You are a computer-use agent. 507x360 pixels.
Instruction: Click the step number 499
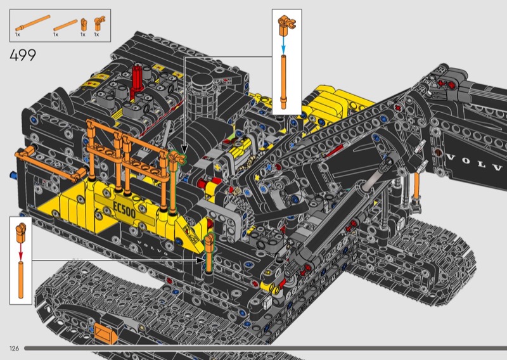point(23,55)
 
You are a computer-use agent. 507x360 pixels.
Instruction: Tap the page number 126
point(14,349)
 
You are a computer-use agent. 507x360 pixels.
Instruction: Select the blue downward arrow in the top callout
point(283,45)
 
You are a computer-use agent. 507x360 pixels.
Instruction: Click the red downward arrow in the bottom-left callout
point(21,251)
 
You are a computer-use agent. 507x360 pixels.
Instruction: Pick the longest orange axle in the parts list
point(33,23)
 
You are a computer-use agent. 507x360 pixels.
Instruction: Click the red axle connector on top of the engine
point(137,82)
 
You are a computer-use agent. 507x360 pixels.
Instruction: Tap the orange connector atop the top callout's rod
point(286,25)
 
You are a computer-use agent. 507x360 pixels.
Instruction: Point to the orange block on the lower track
point(105,333)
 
